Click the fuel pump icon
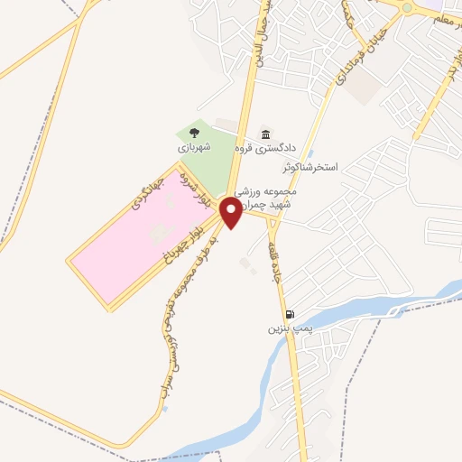point(289,315)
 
